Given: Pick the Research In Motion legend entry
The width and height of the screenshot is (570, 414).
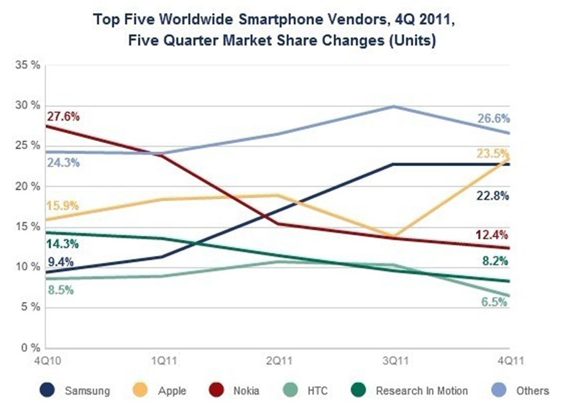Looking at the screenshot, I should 412,391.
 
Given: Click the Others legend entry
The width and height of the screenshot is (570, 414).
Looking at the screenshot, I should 522,391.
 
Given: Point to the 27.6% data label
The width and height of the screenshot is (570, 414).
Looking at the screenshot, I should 64,116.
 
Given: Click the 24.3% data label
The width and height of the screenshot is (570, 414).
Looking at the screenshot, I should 64,163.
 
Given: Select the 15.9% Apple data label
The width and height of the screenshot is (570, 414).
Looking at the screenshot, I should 64,206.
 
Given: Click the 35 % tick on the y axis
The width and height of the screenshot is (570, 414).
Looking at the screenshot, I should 28,65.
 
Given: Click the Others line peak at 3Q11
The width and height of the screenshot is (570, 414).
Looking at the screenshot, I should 393,106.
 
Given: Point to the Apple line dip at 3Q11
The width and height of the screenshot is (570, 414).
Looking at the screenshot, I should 393,236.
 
